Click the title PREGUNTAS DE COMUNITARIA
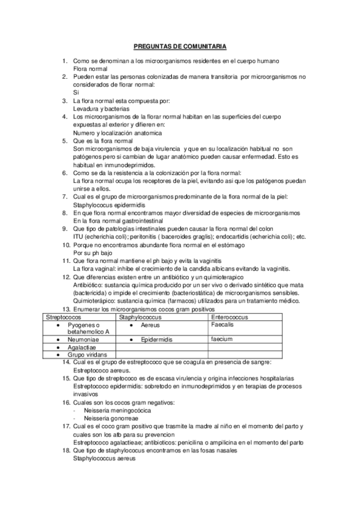coord(179,46)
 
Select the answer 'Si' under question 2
coord(76,93)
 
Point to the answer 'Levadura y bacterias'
coord(102,108)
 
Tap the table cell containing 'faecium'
coord(222,339)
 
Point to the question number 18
coord(67,450)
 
